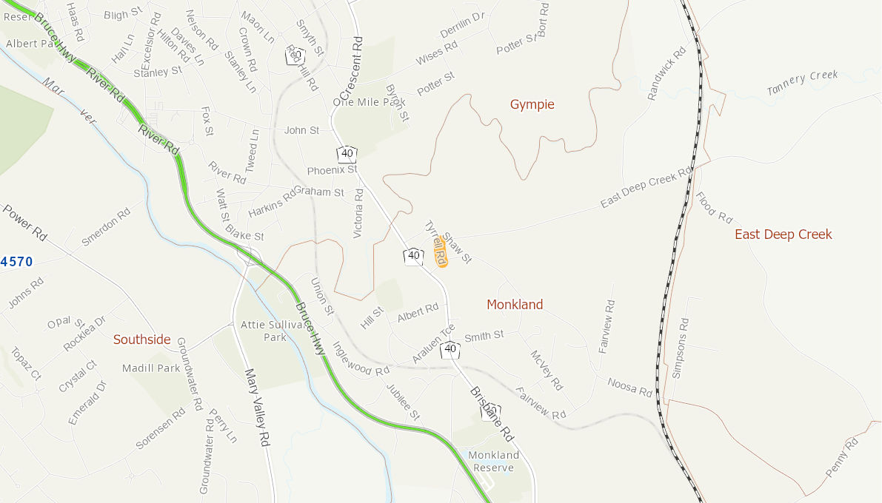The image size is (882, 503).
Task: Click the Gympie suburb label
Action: (x=532, y=104)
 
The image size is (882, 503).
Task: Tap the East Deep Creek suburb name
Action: (x=783, y=234)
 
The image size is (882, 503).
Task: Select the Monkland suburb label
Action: (x=515, y=305)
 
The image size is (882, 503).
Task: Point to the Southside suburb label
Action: (x=141, y=340)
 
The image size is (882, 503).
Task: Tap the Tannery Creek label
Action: (x=802, y=82)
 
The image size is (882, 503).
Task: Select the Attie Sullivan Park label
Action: (x=274, y=331)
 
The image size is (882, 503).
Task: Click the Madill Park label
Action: (x=152, y=368)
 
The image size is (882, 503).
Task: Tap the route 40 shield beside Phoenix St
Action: (x=347, y=154)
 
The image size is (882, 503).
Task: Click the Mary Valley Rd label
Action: (x=255, y=408)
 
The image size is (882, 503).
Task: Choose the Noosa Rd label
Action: (x=629, y=386)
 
